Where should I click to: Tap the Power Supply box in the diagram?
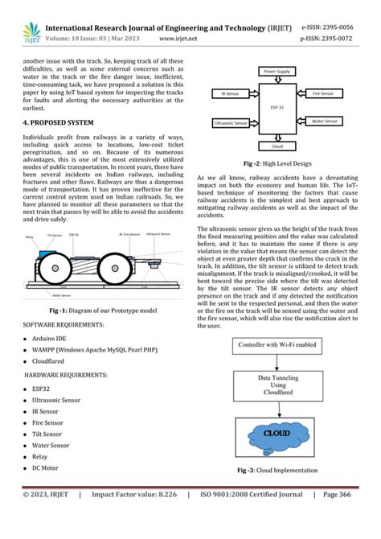[278, 72]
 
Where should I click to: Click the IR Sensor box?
[227, 94]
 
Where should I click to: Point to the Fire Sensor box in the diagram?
[329, 94]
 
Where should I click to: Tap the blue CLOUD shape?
[277, 434]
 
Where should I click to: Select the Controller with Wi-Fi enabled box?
[277, 345]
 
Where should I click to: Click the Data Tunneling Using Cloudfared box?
[277, 385]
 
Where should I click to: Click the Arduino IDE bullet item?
[53, 338]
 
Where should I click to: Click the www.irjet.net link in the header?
[180, 37]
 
